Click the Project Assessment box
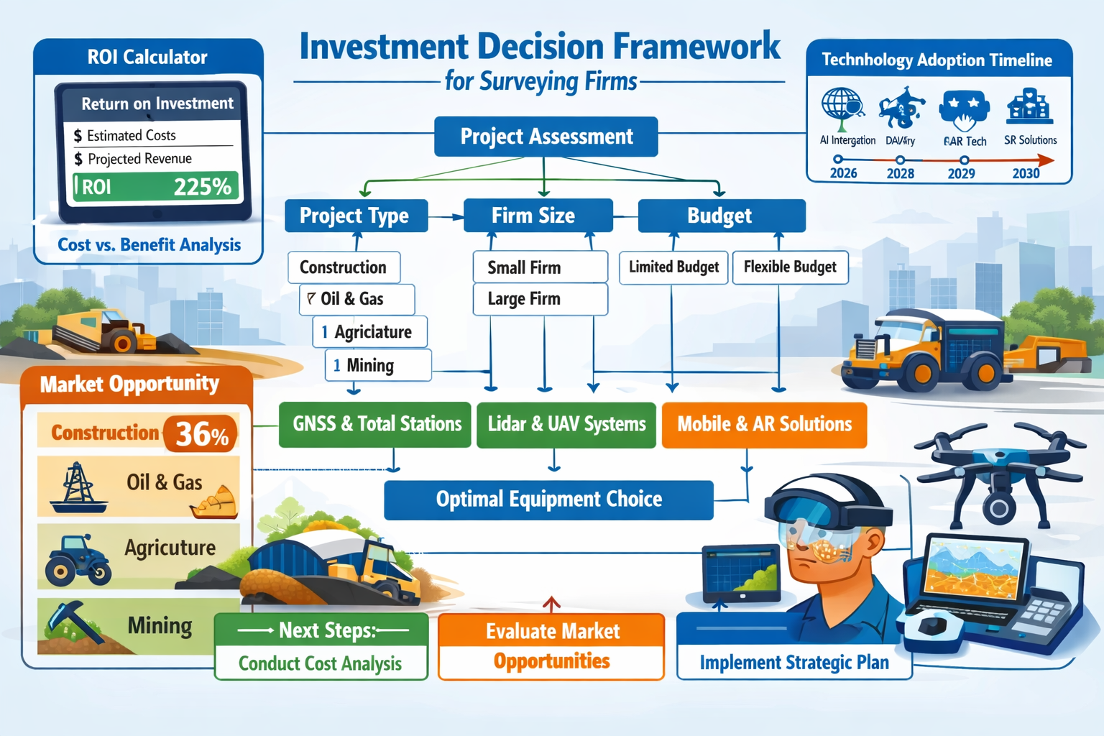pos(546,137)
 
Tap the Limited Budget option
pos(673,267)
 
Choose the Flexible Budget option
pos(790,267)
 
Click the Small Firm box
pos(540,267)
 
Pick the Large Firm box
pos(540,299)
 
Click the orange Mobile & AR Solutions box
pos(764,425)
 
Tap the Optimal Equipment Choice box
pos(548,500)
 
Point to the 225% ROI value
pos(202,187)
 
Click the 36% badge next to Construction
pos(201,434)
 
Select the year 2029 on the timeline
pos(962,173)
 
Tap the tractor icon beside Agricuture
pos(77,559)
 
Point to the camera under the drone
pos(998,508)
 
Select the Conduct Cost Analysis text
pos(321,663)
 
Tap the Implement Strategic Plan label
pos(794,663)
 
